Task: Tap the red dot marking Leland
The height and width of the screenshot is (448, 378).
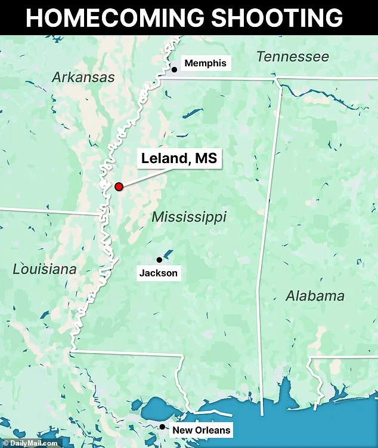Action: point(119,186)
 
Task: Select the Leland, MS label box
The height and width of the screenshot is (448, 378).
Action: point(178,159)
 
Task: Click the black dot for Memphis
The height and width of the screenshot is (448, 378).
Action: point(175,70)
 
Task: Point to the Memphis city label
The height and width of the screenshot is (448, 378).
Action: point(205,63)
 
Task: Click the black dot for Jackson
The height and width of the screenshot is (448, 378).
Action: point(159,260)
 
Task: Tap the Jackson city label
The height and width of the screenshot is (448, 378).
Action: point(158,274)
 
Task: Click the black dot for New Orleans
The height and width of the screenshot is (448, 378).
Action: point(162,426)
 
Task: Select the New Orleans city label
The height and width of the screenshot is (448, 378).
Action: point(201,430)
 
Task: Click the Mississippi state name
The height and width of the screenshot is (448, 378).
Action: point(188,217)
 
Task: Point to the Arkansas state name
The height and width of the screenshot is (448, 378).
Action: point(83,77)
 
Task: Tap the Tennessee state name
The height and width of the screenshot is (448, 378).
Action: point(292,57)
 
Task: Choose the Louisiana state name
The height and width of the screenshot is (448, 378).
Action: point(45,269)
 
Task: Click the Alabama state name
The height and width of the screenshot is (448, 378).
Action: point(314,296)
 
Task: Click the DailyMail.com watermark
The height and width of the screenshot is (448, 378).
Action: point(29,443)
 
